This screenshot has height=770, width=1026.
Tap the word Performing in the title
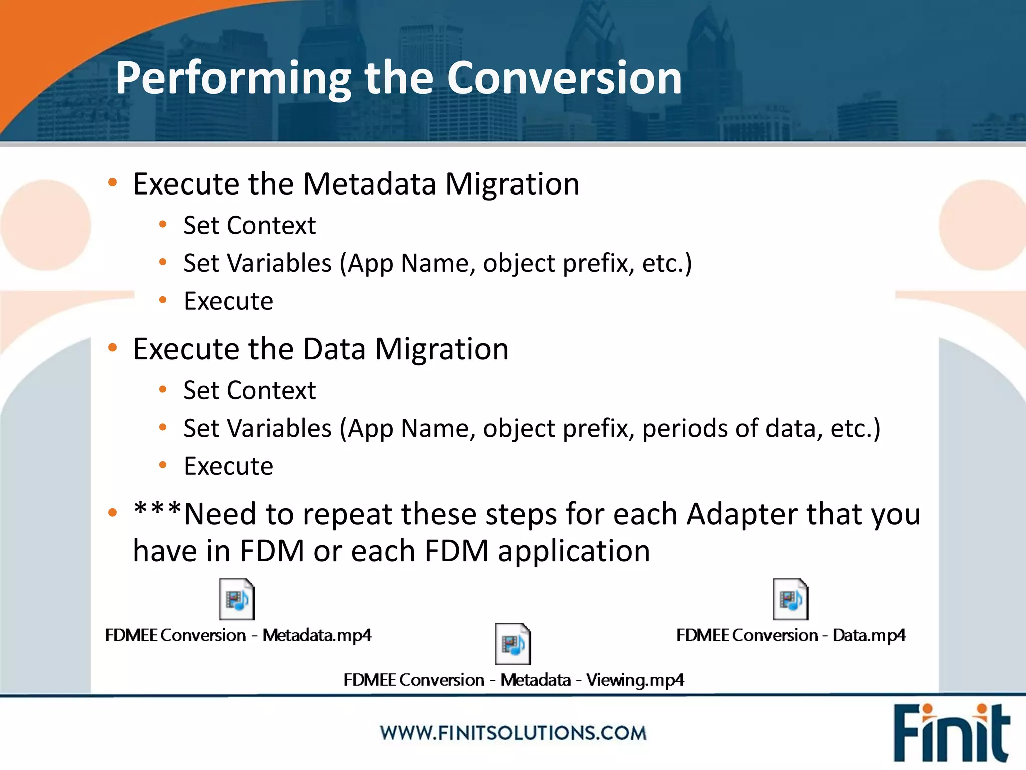[x=233, y=79]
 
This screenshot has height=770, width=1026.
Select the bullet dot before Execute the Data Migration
[x=113, y=347]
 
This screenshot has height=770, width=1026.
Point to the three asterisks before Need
[x=157, y=511]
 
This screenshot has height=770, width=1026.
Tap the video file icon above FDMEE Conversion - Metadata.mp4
[x=237, y=599]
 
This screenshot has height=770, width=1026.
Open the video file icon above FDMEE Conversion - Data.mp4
[x=790, y=599]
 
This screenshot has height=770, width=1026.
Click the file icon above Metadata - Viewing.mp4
[x=512, y=644]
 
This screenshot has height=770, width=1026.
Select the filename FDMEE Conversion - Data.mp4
[x=791, y=635]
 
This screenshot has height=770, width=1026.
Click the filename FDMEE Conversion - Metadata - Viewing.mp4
[x=513, y=680]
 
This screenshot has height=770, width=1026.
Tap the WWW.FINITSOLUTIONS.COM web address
[x=513, y=733]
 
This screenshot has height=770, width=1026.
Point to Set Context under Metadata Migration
[x=249, y=225]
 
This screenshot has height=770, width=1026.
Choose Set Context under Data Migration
[x=249, y=390]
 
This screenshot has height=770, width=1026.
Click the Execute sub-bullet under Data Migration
[x=228, y=466]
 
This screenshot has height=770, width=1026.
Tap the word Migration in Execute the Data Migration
[x=441, y=349]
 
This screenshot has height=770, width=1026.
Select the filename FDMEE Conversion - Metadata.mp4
[x=238, y=635]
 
